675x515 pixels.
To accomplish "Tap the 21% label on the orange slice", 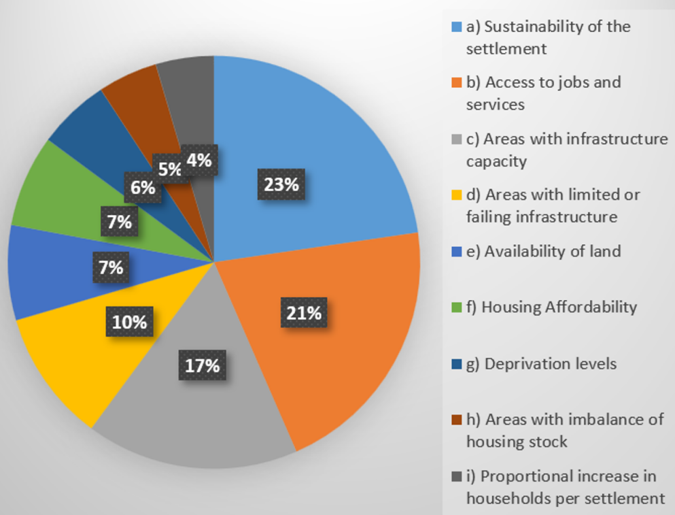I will coord(303,313).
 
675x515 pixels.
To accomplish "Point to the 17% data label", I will coord(202,365).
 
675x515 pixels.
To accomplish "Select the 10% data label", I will coord(129,321).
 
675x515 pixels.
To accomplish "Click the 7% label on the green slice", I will coord(119,222).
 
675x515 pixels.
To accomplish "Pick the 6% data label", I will coord(143,187).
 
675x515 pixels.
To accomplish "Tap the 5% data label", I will coord(169,168).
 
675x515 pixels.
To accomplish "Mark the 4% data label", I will coord(199,161).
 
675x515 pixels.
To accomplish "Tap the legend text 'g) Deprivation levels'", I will coord(549,364).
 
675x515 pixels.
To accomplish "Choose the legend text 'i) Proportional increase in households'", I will coord(564,486).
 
